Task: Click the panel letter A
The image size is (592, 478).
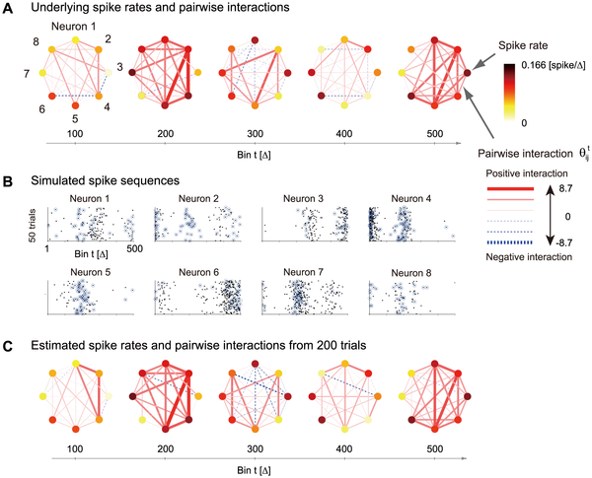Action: [x=9, y=9]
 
